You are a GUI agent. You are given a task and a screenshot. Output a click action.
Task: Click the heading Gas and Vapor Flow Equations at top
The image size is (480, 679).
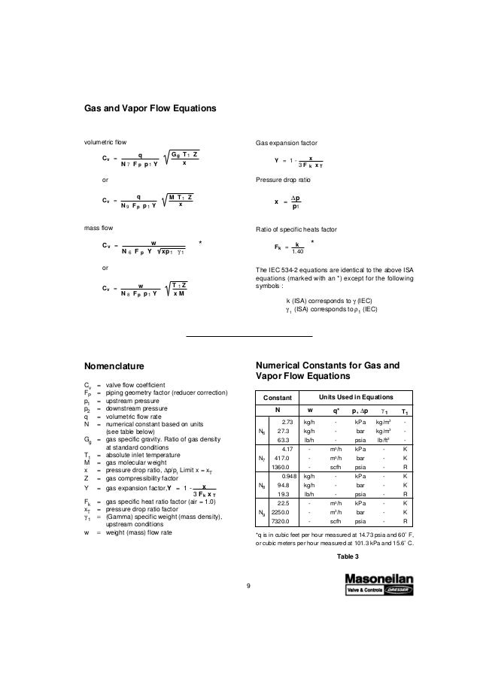click(x=150, y=109)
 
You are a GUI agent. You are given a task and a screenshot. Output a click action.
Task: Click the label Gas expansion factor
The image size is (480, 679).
click(x=287, y=141)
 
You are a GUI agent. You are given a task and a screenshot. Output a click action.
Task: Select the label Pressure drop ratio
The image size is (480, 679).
click(x=285, y=180)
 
